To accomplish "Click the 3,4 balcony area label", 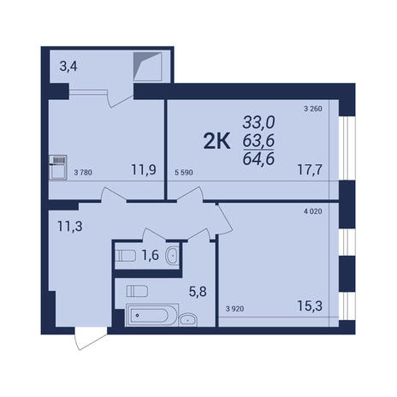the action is pos(68,67).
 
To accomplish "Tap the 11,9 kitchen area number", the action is pos(144,170).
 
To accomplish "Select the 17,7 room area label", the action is pos(310,170).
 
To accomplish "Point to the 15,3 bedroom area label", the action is pos(310,306).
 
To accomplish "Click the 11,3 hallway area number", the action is pos(70,227).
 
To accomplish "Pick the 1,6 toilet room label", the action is pos(151,255).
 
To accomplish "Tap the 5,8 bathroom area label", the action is pos(198,292).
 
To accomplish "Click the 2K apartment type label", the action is pos(216,142).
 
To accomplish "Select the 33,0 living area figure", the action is pos(258,122).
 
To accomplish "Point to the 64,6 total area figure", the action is pos(258,158).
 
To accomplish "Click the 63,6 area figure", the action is pos(258,140).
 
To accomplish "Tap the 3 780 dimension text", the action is pos(83,173).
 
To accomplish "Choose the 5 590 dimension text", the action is pos(184,173).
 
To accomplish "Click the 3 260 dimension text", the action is pos(313,109).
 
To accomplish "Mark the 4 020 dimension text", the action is pos(313,211).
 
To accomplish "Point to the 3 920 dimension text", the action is pos(234,309).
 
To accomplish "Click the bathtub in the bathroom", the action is pos(152,316).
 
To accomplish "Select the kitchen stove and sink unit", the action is pos(58,168).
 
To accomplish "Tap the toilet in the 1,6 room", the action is pos(125,256).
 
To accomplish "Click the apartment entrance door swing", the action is pos(91,339).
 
